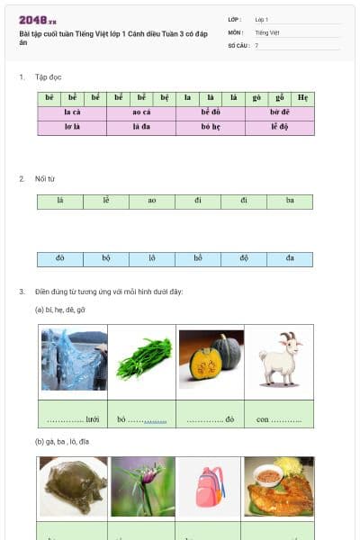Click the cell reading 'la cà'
(x=72, y=113)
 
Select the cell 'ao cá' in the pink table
(x=141, y=113)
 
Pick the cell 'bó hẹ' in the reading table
(x=211, y=128)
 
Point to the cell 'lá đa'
(x=141, y=128)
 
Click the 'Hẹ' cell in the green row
(x=303, y=98)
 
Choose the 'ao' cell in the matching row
(x=152, y=202)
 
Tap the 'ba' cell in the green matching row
(x=290, y=202)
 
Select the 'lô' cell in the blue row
(x=152, y=259)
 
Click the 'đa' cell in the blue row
(x=290, y=259)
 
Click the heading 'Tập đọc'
(x=48, y=77)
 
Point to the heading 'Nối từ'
(x=45, y=179)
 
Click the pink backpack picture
(x=211, y=486)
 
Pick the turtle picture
(x=73, y=487)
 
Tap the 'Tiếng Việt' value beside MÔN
(x=267, y=31)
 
